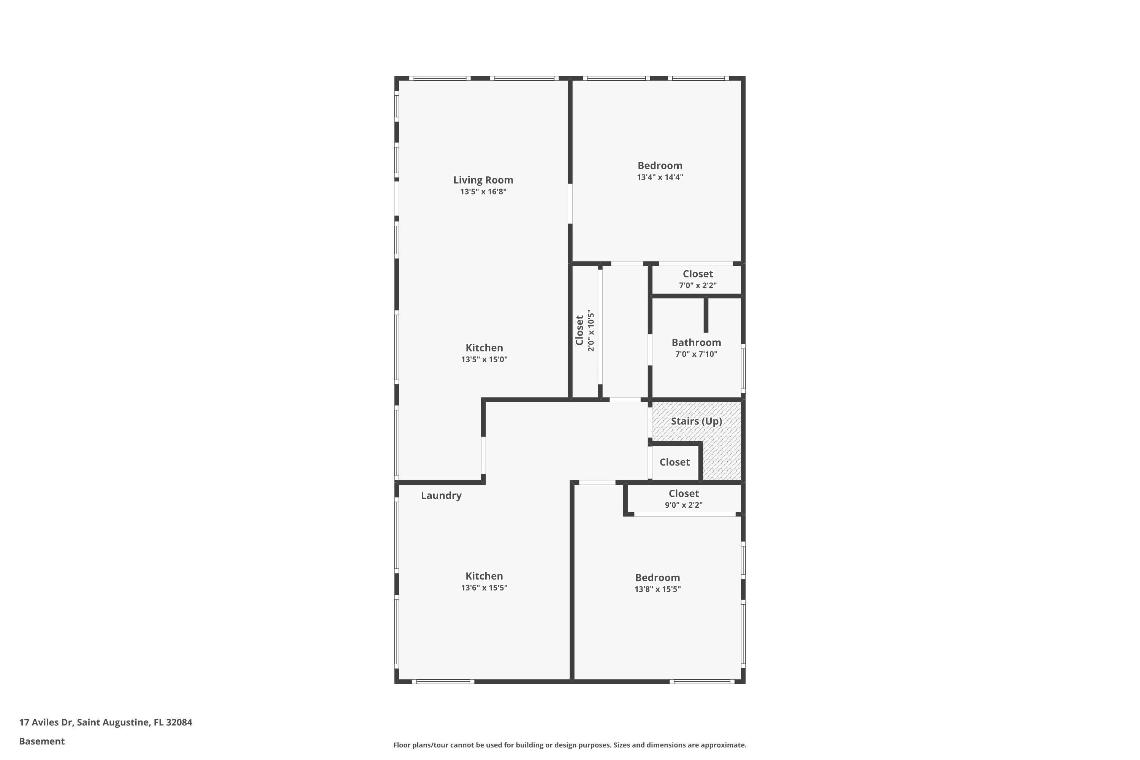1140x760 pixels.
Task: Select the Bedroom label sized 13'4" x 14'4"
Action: pyautogui.click(x=660, y=166)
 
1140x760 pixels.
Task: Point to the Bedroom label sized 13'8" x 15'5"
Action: pyautogui.click(x=657, y=578)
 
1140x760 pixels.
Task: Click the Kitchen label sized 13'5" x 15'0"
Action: pyautogui.click(x=484, y=348)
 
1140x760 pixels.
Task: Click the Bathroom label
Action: pyautogui.click(x=696, y=343)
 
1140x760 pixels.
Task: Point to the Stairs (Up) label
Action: pyautogui.click(x=696, y=421)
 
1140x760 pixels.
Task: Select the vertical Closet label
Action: pyautogui.click(x=579, y=331)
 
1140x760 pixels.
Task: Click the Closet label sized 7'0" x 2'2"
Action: pyautogui.click(x=697, y=274)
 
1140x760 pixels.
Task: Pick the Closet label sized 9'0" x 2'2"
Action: pyautogui.click(x=683, y=493)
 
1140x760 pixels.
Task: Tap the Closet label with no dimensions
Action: pyautogui.click(x=674, y=462)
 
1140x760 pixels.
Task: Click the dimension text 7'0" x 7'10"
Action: pyautogui.click(x=696, y=354)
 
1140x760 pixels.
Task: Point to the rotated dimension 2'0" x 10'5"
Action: pyautogui.click(x=591, y=331)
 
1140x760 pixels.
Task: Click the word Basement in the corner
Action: pyautogui.click(x=42, y=741)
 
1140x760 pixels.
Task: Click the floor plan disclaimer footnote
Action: pyautogui.click(x=570, y=745)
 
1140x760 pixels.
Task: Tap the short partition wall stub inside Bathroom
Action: pyautogui.click(x=706, y=315)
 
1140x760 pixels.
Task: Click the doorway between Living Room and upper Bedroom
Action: pyautogui.click(x=570, y=204)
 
